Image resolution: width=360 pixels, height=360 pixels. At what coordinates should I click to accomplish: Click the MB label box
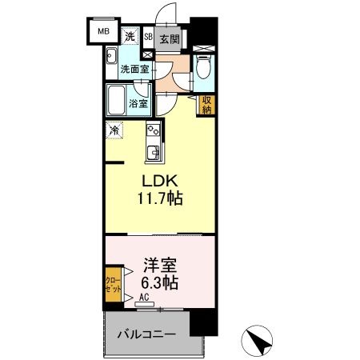coord(103,32)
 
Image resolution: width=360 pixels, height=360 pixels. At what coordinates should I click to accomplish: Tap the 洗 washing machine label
coord(130,37)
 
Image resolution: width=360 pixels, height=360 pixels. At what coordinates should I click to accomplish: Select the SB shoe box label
coord(148,37)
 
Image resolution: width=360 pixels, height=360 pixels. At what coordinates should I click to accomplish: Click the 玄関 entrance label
coord(169,38)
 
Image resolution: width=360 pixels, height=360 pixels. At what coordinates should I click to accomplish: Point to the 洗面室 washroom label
coord(134,70)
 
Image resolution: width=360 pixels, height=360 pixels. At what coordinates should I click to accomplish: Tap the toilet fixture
coord(204,70)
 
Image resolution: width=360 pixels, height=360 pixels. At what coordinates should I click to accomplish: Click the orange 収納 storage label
coord(206,105)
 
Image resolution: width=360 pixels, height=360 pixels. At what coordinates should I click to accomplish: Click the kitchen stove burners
coord(154,130)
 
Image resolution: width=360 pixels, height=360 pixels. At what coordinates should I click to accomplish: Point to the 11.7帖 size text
coord(162,198)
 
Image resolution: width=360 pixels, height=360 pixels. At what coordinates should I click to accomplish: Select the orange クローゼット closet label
coord(113,285)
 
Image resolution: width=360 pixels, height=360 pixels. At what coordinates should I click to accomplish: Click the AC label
coord(145,298)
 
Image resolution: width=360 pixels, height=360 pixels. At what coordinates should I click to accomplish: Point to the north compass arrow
coord(258,342)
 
